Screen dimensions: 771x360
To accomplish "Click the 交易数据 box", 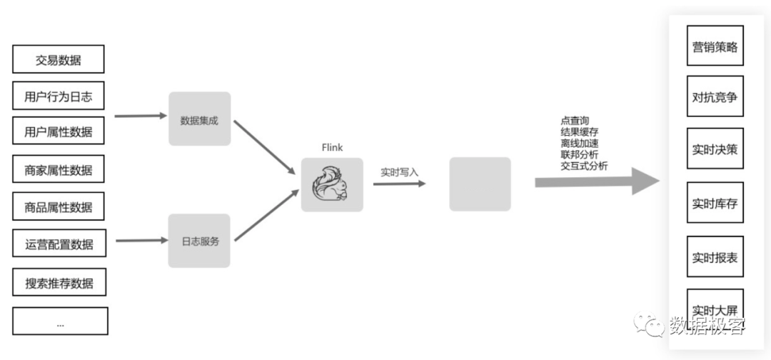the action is point(59,60).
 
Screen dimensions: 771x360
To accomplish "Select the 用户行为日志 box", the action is point(59,96).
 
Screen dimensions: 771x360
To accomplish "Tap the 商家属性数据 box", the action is point(59,169).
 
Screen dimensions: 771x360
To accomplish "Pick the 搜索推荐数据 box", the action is point(59,282).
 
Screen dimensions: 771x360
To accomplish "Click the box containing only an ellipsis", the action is point(60,321).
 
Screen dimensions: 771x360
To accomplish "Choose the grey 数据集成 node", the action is point(199,119).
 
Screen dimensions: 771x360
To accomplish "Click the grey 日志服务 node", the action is point(199,241).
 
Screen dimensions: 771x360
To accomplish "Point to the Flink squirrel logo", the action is point(331,184).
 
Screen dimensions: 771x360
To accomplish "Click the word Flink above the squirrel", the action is point(332,147).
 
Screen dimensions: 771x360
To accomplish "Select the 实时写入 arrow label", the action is point(400,171).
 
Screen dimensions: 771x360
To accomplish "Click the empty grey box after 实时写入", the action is point(480,184).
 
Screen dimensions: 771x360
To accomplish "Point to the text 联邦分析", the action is point(580,154).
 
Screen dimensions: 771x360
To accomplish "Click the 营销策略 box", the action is point(715,47).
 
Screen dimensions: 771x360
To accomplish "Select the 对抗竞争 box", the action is point(715,96).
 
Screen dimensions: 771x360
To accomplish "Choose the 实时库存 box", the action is point(715,203).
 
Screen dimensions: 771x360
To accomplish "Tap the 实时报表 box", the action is point(715,257).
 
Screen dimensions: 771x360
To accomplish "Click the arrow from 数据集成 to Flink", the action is point(264,147).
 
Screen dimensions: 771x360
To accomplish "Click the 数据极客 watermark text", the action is point(707,325).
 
